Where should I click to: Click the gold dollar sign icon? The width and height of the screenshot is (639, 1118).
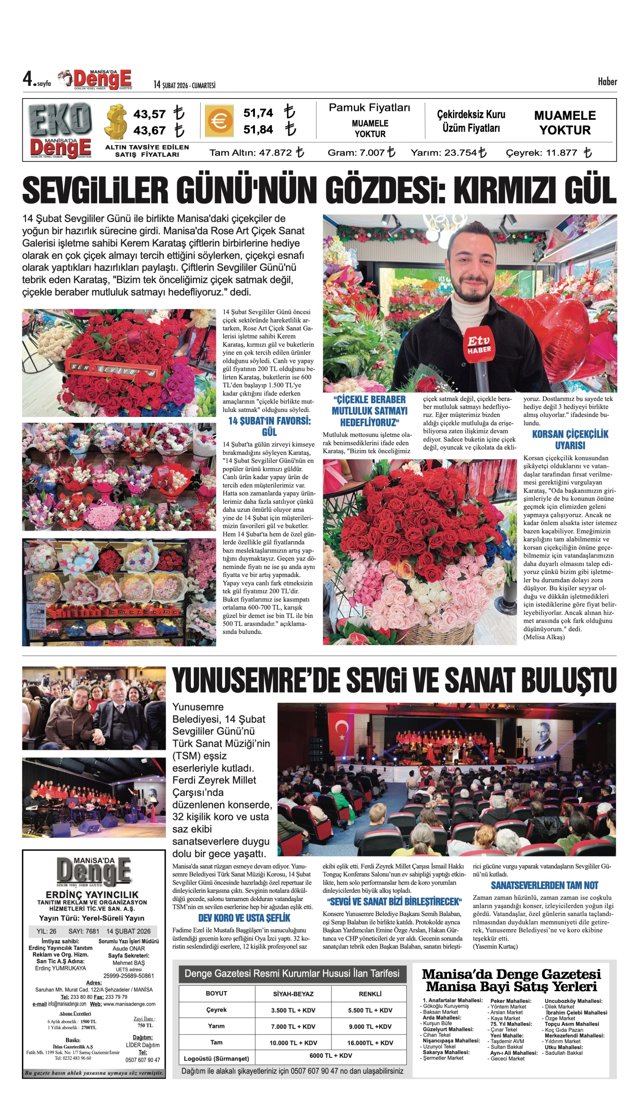point(116,122)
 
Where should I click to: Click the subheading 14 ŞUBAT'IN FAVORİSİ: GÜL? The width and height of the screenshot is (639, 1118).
point(269,426)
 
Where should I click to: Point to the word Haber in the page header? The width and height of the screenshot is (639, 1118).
point(607,82)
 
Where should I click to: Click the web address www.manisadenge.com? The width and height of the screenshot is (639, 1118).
point(129,1004)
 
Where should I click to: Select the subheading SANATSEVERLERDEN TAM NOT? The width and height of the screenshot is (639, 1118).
point(544,885)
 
